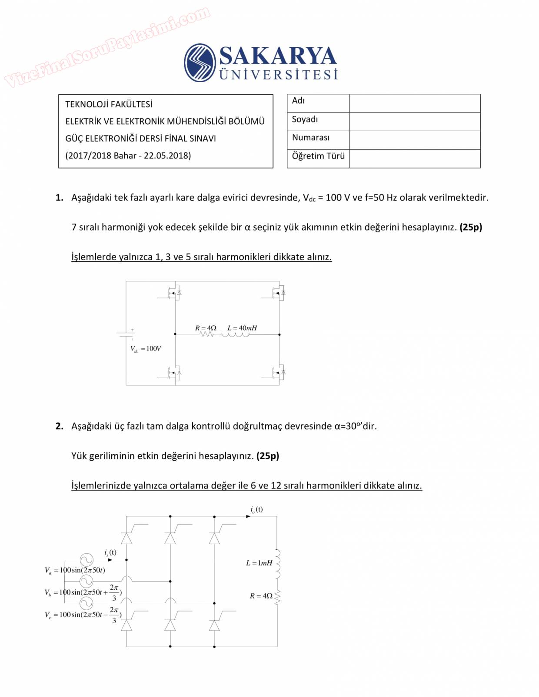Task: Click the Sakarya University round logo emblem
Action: pos(200,63)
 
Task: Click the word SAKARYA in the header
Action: pos(278,56)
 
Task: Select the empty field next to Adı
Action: pos(415,103)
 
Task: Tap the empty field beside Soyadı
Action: pos(415,122)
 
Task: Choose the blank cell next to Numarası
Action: pos(415,140)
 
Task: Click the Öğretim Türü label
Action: pos(318,156)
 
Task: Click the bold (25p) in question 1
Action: pos(471,227)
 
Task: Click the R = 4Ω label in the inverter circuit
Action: pos(206,328)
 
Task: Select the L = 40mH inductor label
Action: pos(242,328)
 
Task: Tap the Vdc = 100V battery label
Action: pos(146,349)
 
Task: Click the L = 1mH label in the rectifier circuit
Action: pos(259,563)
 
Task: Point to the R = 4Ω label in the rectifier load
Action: pos(261,596)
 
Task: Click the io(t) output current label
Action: pos(256,509)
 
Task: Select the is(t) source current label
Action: pos(110,552)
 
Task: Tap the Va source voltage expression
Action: pos(75,570)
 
